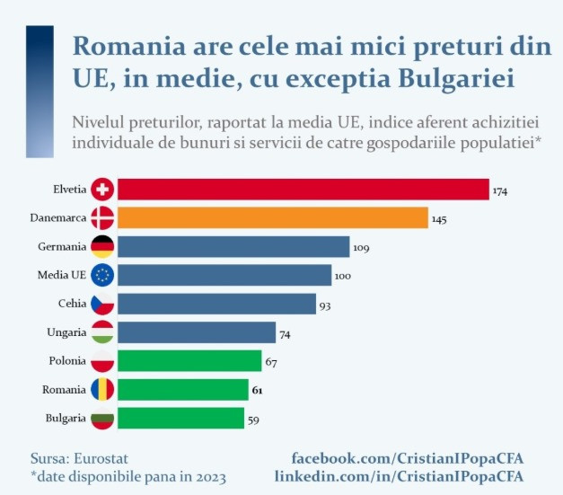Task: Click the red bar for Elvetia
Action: (x=303, y=189)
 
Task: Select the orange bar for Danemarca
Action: (x=272, y=217)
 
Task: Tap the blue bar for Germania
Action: (x=233, y=246)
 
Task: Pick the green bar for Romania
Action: (x=182, y=389)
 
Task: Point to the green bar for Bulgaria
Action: (x=180, y=418)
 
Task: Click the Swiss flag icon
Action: (x=102, y=190)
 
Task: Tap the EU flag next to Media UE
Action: (x=102, y=275)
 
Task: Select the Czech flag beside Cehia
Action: (x=102, y=304)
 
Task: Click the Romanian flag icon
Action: (x=102, y=389)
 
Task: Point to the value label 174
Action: (x=500, y=191)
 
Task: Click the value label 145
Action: (x=438, y=219)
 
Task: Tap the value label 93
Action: (x=325, y=305)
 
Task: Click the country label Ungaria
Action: (x=66, y=332)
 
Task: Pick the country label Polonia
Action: (x=66, y=361)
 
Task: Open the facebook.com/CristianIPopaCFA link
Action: (x=408, y=458)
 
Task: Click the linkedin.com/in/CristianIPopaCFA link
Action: (x=399, y=476)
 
